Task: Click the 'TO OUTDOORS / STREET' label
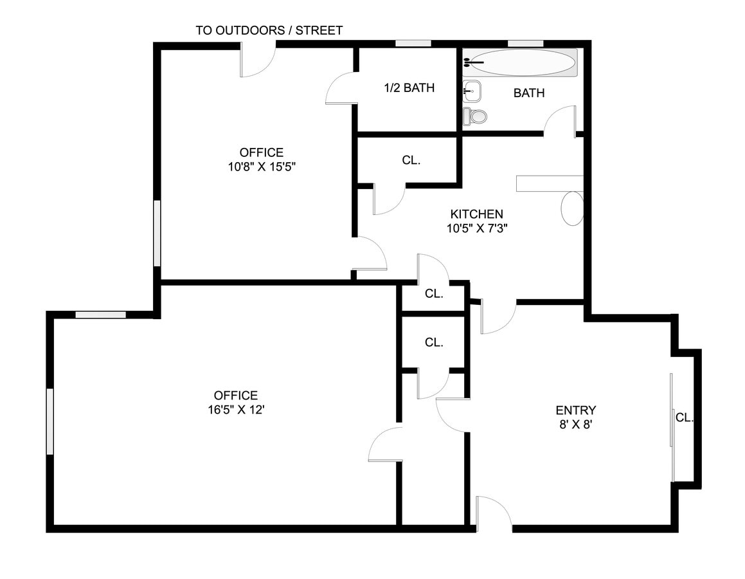[269, 30]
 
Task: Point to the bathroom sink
[471, 91]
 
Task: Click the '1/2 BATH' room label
[409, 88]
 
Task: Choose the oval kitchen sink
[572, 208]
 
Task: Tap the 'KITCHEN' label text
[476, 214]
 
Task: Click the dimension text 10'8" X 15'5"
[262, 166]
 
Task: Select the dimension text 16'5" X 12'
[235, 409]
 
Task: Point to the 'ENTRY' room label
[575, 410]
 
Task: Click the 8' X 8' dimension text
[575, 425]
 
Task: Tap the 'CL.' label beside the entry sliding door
[684, 418]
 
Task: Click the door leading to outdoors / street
[258, 60]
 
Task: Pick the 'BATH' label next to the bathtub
[529, 93]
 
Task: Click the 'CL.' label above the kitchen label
[411, 161]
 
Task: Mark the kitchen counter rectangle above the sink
[549, 183]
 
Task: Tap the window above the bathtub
[525, 44]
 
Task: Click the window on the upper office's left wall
[157, 233]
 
